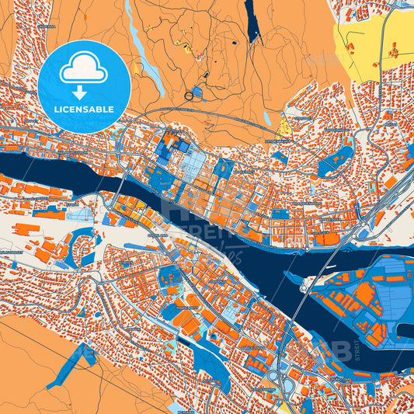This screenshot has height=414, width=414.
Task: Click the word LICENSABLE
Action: tap(83, 110)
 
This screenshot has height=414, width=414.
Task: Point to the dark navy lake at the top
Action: tap(253, 21)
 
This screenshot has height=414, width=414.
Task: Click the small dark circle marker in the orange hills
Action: tap(190, 96)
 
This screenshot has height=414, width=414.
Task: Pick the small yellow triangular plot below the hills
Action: tap(284, 126)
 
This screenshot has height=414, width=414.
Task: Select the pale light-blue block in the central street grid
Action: tap(194, 163)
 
